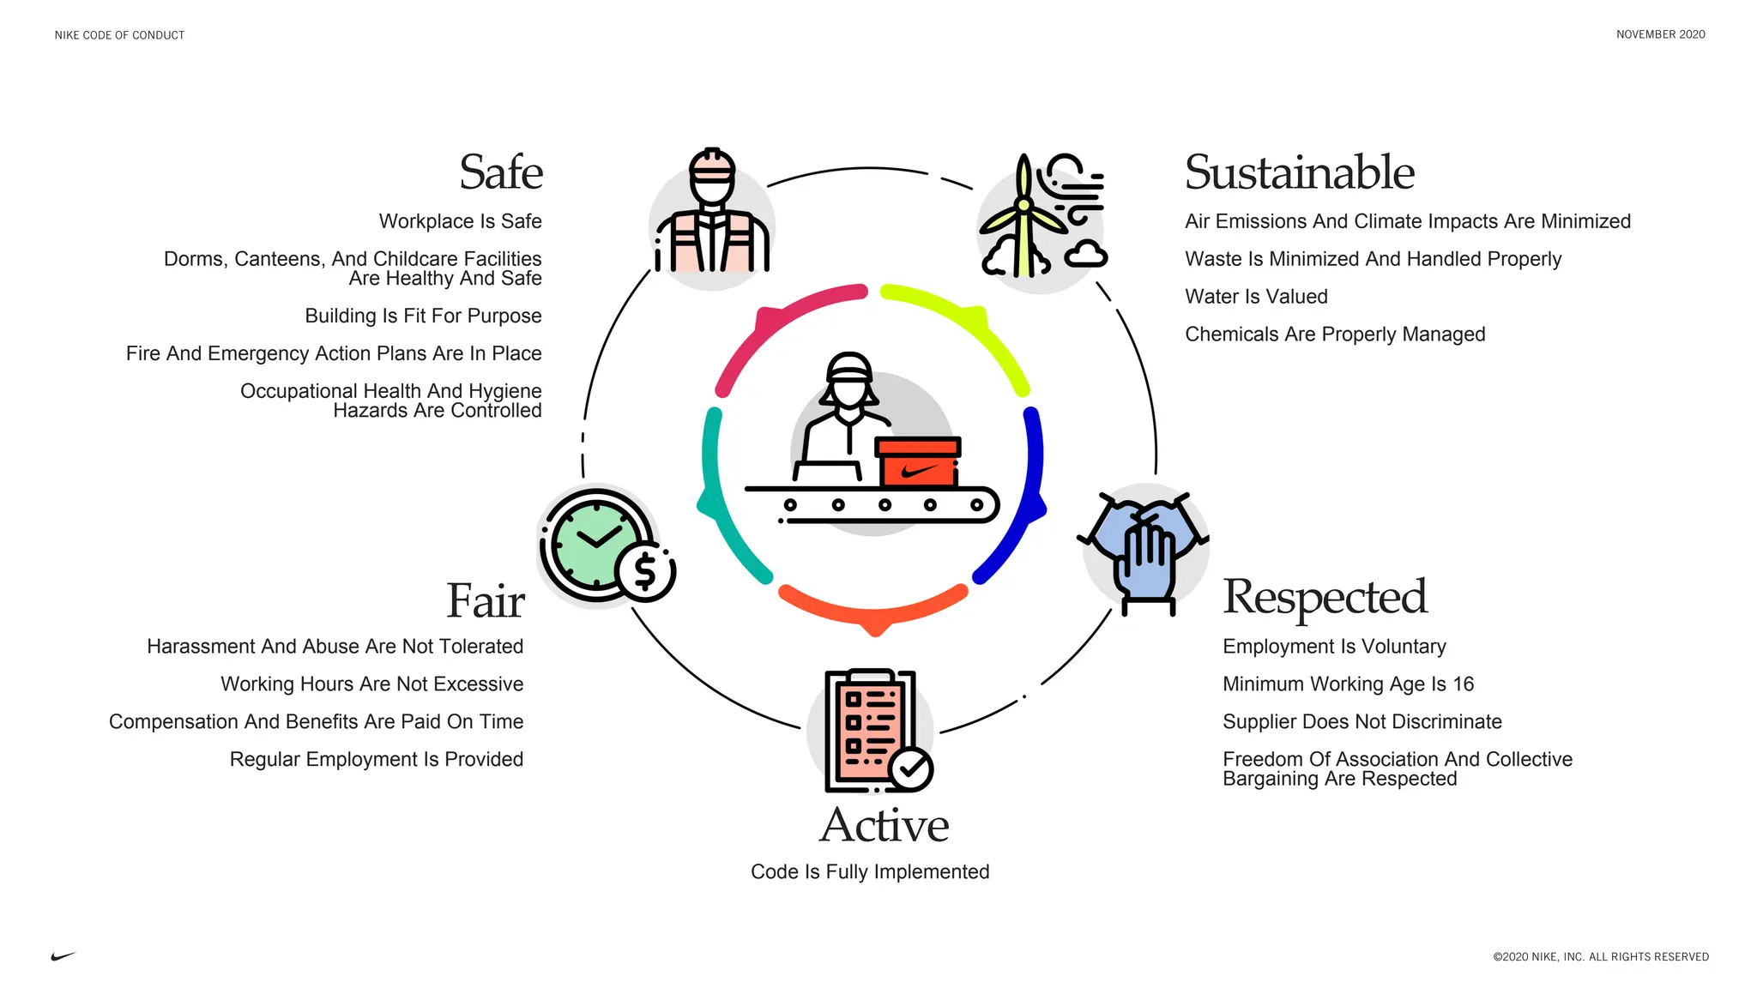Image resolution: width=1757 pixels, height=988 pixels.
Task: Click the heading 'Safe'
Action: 501,172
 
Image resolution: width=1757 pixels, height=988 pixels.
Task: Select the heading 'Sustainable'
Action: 1299,172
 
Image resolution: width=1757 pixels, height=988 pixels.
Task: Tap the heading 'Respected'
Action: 1325,597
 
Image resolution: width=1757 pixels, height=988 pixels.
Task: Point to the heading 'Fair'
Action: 485,600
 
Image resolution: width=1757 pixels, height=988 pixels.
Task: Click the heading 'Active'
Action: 884,826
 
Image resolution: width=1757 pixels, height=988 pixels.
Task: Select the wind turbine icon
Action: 1024,219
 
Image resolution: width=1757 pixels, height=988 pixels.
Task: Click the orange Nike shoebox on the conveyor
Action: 917,463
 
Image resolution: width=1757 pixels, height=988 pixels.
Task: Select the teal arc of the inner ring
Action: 721,497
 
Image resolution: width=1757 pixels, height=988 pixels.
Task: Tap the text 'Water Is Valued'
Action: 1256,297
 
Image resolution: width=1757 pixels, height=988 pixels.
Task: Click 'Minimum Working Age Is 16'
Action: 1348,684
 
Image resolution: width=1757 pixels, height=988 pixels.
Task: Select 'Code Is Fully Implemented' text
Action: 870,872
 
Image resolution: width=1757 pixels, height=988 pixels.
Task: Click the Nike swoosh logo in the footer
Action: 63,956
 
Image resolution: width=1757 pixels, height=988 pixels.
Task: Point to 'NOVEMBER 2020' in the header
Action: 1660,35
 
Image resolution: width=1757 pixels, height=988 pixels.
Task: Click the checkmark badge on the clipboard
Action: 911,768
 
